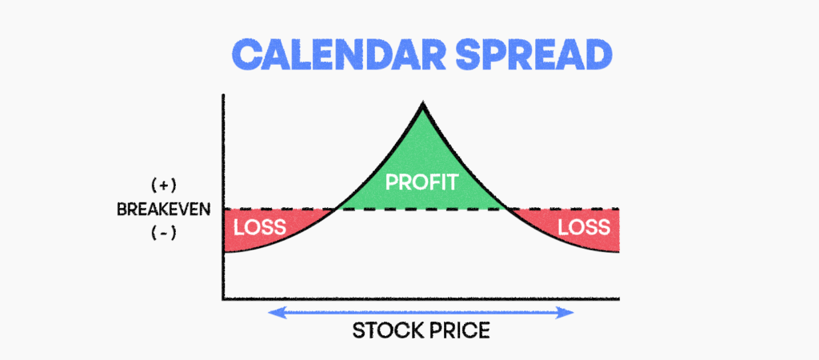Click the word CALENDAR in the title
pos(338,54)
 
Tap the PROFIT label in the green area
pos(422,182)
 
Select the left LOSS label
pos(260,227)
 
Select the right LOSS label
pos(584,227)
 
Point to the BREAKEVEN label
pos(163,210)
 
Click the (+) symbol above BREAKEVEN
pos(164,186)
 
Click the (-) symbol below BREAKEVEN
pos(164,234)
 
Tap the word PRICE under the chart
pos(460,330)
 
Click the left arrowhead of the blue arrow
pos(274,313)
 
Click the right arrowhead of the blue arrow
pos(568,313)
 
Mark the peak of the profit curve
pos(422,104)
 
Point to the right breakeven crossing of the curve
pos(507,209)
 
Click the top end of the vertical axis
pos(224,95)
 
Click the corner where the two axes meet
pos(224,299)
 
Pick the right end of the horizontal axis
pos(618,299)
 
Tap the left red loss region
pos(262,229)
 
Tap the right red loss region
pos(580,229)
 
